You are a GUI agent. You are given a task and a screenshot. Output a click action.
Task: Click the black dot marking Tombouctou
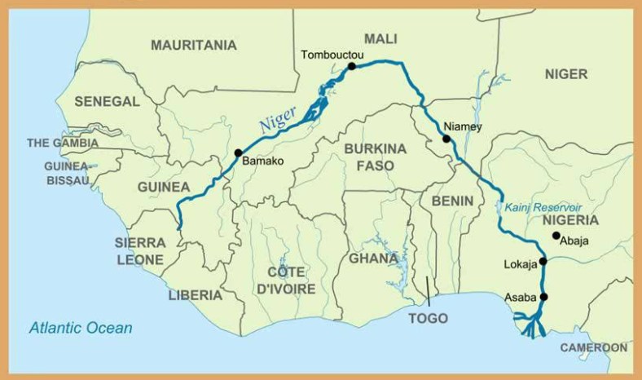(352, 66)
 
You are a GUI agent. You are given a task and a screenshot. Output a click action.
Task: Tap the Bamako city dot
(238, 152)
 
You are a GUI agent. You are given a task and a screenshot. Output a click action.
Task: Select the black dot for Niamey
(446, 139)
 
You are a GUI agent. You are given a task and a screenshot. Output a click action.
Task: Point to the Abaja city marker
(556, 236)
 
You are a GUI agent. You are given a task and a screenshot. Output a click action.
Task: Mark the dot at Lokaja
(543, 262)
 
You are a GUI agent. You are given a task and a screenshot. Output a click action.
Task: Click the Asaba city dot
(543, 297)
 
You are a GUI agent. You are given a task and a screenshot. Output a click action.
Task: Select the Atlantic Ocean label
(81, 328)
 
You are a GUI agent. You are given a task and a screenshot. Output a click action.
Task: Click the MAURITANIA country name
(194, 45)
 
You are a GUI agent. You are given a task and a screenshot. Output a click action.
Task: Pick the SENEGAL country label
(107, 101)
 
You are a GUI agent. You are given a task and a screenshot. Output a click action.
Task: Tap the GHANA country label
(375, 258)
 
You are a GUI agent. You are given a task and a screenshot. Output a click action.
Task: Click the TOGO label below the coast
(428, 318)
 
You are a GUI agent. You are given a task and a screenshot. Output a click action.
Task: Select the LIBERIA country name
(195, 294)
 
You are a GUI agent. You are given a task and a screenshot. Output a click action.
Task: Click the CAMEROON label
(593, 347)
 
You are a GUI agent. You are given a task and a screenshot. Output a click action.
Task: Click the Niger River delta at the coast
(534, 326)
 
